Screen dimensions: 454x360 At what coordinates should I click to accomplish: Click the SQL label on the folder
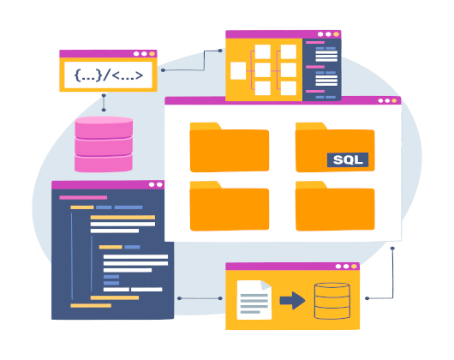coord(348,160)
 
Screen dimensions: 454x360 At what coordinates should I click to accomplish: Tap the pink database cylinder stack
coord(104,144)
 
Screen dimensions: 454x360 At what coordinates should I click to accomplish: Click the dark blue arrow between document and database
coord(292,301)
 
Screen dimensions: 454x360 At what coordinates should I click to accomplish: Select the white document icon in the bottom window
coord(254,300)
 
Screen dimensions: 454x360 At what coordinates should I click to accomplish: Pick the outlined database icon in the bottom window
coord(332,301)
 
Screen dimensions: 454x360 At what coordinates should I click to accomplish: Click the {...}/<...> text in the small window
coord(109,75)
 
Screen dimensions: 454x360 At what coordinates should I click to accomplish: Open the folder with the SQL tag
coord(335,147)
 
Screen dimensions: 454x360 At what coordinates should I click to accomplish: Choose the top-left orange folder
coord(230,147)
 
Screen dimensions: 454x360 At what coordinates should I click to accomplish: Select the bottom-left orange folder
coord(230,206)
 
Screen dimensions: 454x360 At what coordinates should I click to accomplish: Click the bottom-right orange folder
coord(335,206)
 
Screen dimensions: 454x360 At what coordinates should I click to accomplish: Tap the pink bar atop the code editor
coord(83,197)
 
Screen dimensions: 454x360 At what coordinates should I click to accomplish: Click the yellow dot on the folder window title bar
coord(394,101)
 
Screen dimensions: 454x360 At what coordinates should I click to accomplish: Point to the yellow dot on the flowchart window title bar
coord(336,34)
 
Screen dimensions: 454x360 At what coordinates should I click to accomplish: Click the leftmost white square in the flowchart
coord(238,70)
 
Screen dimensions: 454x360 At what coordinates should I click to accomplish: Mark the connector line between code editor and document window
coord(200,298)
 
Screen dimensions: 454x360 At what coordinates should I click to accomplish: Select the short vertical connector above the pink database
coord(104,103)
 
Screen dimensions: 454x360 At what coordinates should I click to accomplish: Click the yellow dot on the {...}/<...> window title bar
coord(152,54)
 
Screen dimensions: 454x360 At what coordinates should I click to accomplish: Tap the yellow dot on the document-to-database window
coord(354,267)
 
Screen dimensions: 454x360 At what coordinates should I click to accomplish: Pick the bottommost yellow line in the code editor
coord(91,305)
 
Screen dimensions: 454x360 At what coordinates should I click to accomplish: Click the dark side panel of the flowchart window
coord(322,69)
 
